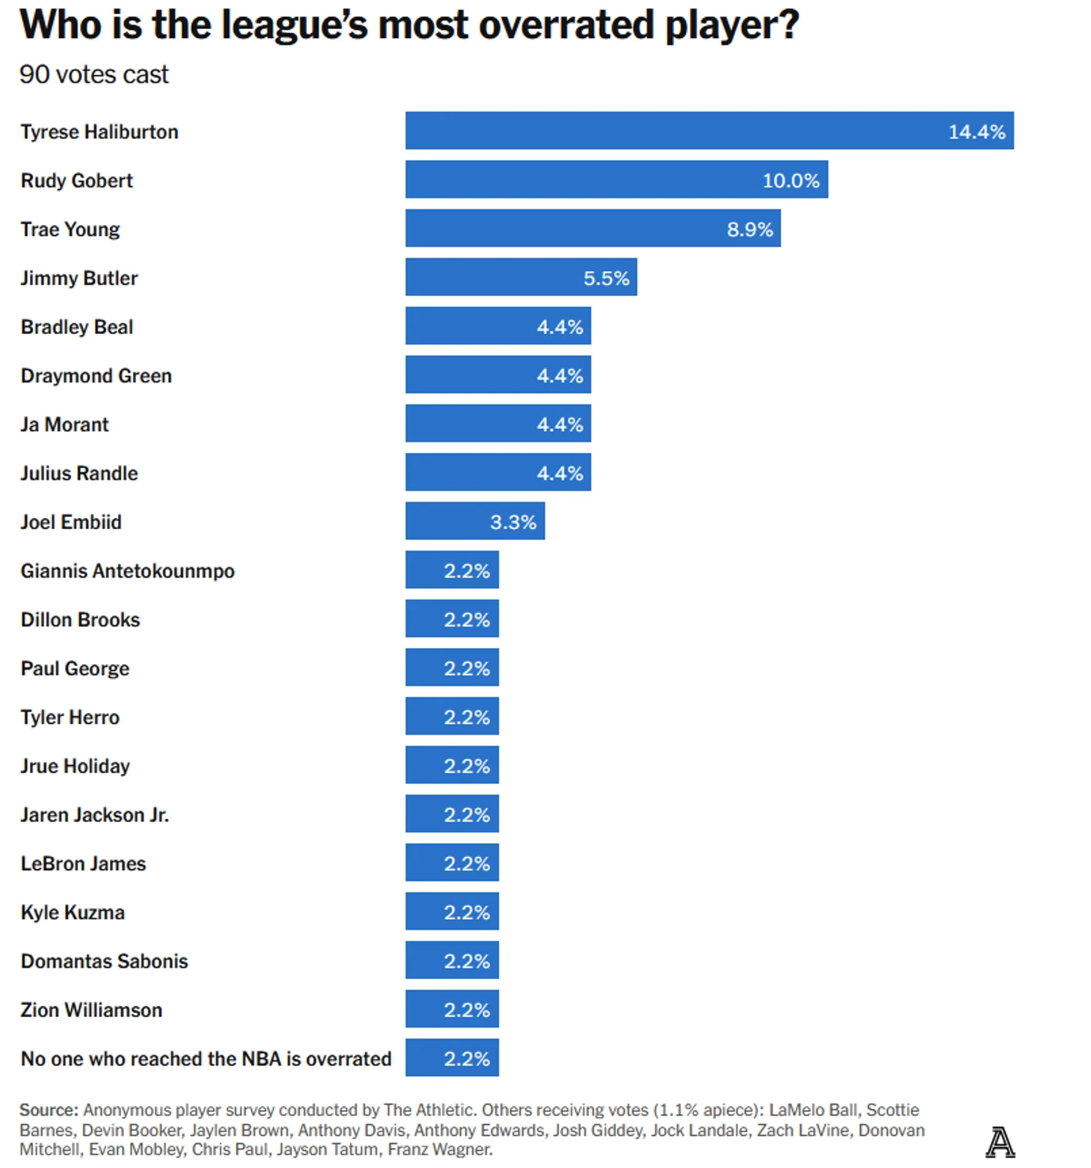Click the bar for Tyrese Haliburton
tap(709, 131)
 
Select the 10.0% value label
tap(791, 180)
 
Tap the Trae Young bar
tap(593, 229)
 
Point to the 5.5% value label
tap(606, 278)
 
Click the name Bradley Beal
tap(77, 327)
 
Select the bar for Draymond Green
tap(498, 375)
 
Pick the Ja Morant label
tap(65, 424)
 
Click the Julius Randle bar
tap(498, 472)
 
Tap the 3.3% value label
tap(513, 522)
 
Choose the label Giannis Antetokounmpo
tap(128, 571)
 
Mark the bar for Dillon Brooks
tap(451, 619)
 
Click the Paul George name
tap(75, 668)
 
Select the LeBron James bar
tap(451, 862)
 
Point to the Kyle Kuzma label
tap(72, 912)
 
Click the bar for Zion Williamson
tap(451, 1009)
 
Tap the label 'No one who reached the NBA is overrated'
tap(206, 1058)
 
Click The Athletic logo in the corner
tap(1000, 1142)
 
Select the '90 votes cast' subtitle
tap(94, 75)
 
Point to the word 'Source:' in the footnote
tap(49, 1110)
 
